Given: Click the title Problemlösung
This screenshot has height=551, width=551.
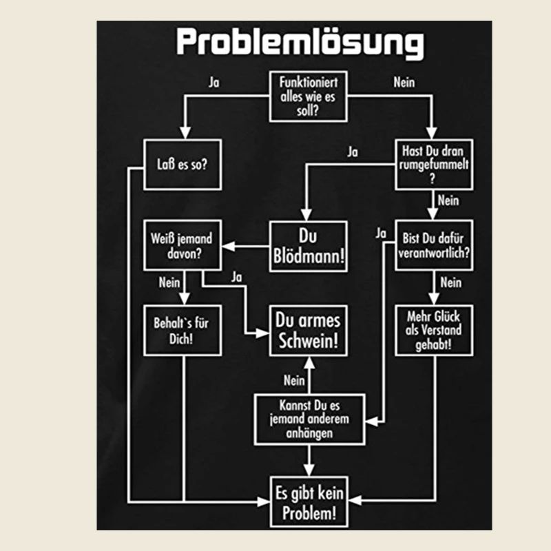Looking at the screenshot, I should click(x=300, y=43).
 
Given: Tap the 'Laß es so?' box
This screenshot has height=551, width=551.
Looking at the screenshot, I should click(x=182, y=165).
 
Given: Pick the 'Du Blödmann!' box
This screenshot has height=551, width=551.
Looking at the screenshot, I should click(x=308, y=246).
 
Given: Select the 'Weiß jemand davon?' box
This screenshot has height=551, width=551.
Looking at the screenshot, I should click(x=182, y=246).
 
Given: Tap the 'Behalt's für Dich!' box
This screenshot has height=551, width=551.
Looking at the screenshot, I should click(x=182, y=330).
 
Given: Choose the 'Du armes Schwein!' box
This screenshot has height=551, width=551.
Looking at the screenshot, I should click(x=308, y=330).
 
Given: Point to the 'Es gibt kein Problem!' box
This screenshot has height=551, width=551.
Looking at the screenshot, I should click(x=308, y=502).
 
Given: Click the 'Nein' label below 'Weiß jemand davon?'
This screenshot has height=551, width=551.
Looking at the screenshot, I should click(x=169, y=282).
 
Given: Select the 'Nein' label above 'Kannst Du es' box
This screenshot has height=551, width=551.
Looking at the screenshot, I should click(x=294, y=379).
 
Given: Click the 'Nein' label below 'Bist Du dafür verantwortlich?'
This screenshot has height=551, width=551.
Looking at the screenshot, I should click(x=450, y=282).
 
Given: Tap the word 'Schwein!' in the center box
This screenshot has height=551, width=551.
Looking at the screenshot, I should click(x=308, y=341).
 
